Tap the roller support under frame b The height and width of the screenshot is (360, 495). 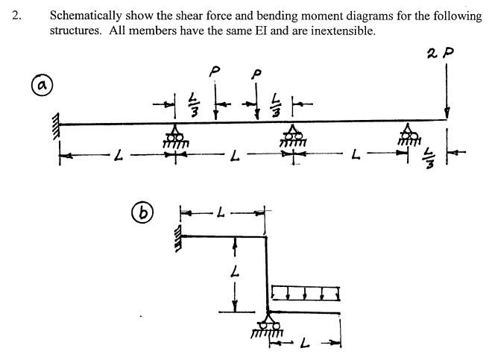(x=268, y=325)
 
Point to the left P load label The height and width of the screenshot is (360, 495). (x=215, y=72)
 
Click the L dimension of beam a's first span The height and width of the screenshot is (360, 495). (x=116, y=155)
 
